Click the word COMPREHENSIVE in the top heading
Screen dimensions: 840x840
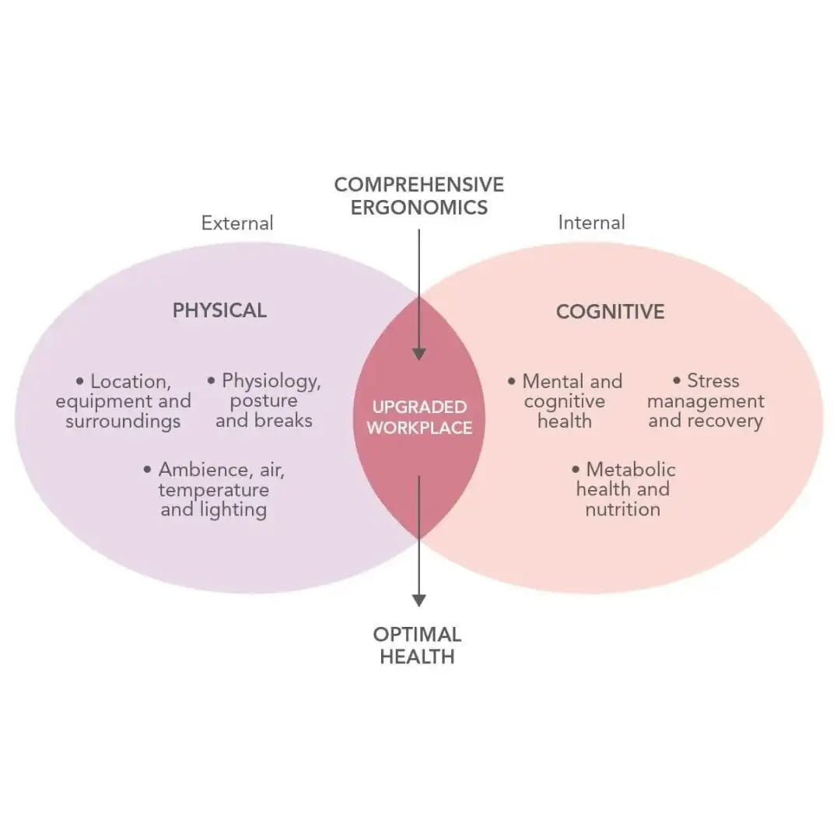click(x=419, y=185)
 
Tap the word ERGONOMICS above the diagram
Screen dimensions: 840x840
click(x=419, y=208)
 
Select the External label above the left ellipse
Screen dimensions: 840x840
click(x=237, y=223)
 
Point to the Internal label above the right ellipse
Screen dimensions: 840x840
click(x=591, y=222)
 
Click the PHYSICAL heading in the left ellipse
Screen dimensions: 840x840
click(x=219, y=310)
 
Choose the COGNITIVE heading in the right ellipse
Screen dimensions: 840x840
click(x=611, y=312)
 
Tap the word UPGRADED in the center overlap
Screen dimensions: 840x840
click(x=419, y=407)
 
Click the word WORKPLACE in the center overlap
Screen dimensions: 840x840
click(x=419, y=428)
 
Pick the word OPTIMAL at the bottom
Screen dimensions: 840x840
click(x=418, y=635)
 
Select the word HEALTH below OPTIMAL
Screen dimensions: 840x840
click(x=418, y=656)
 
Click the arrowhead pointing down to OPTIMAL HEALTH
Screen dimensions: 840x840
click(x=419, y=600)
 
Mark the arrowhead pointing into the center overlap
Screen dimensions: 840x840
click(x=419, y=354)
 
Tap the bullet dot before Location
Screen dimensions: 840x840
click(x=80, y=381)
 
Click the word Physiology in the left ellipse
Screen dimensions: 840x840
click(x=271, y=381)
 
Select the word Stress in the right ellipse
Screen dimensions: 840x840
click(x=713, y=381)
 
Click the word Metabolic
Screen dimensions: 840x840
click(x=631, y=469)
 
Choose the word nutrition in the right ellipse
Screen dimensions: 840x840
click(x=623, y=509)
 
